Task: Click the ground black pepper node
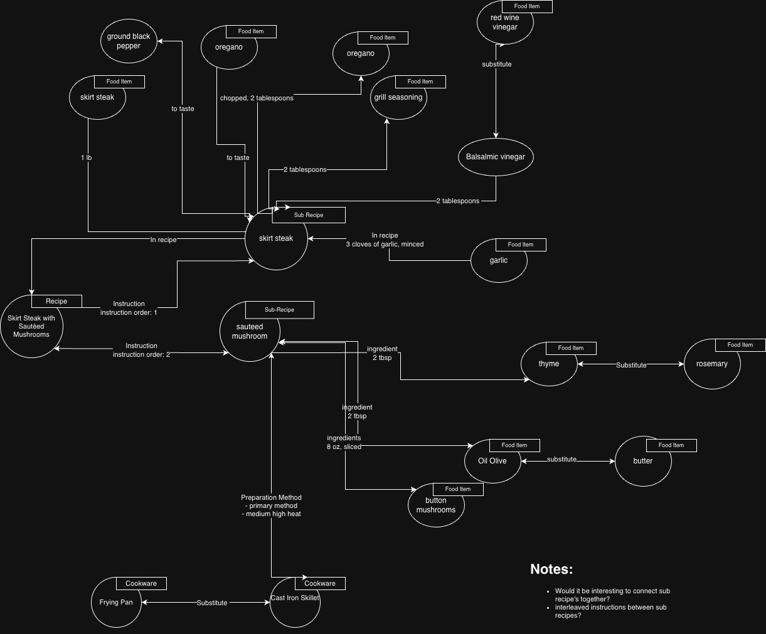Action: point(129,41)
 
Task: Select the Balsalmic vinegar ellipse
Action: point(496,157)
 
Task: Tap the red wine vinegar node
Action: point(505,23)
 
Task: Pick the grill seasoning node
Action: point(398,98)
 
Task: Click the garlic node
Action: point(499,260)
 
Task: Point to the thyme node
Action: point(549,364)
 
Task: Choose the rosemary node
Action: point(712,364)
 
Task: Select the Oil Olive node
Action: point(492,461)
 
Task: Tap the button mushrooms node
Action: point(436,505)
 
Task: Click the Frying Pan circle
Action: point(116,602)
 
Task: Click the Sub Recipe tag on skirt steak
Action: point(309,215)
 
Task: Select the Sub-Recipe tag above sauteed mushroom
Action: point(280,310)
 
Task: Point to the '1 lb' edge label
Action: point(87,158)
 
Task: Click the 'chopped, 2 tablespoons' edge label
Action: point(257,98)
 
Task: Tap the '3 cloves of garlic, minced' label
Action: point(385,245)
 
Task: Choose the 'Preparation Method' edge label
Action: point(271,498)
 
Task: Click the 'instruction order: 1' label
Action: point(129,312)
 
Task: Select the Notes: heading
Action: point(551,569)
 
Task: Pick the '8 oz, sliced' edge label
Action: point(344,447)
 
